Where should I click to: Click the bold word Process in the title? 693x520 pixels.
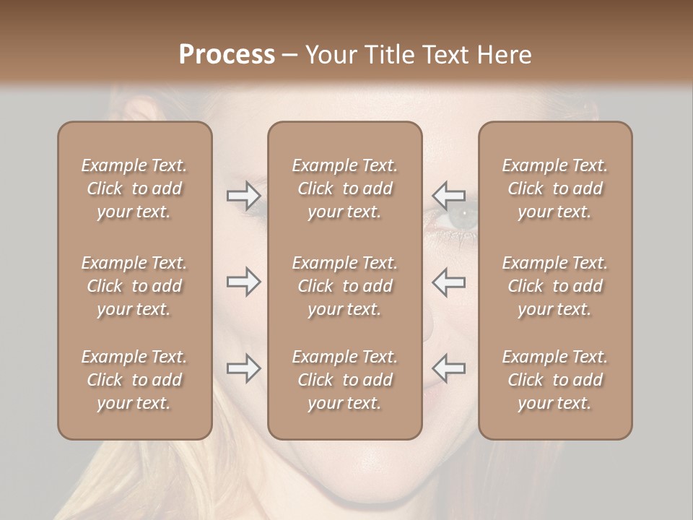click(227, 55)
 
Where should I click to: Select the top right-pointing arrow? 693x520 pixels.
click(244, 196)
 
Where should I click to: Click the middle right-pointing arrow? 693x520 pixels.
click(244, 282)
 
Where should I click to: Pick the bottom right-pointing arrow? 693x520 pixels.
click(244, 368)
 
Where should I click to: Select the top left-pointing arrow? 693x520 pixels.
click(448, 196)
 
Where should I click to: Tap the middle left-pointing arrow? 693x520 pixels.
click(448, 282)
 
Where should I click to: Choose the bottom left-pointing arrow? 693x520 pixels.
click(448, 368)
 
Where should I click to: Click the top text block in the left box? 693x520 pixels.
click(134, 188)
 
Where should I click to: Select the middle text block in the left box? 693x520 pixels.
click(134, 286)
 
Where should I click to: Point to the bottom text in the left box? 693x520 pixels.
click(134, 380)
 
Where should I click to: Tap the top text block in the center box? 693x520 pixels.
click(345, 188)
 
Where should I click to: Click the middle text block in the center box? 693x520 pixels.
click(345, 286)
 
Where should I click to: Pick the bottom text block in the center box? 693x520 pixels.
click(345, 380)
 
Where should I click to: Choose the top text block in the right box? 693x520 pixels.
click(555, 188)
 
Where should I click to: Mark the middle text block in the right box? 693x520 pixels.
click(555, 286)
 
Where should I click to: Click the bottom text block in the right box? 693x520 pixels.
click(555, 380)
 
